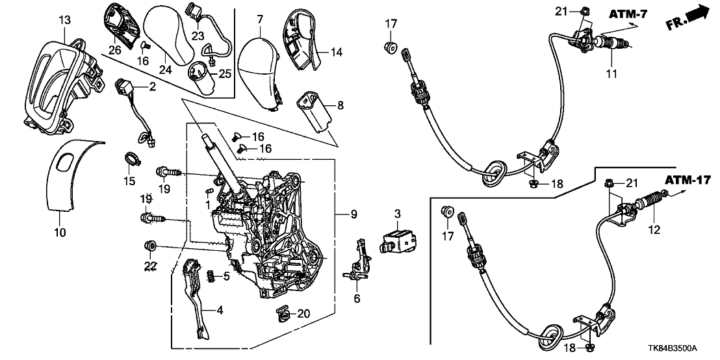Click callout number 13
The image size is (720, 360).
[64, 21]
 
